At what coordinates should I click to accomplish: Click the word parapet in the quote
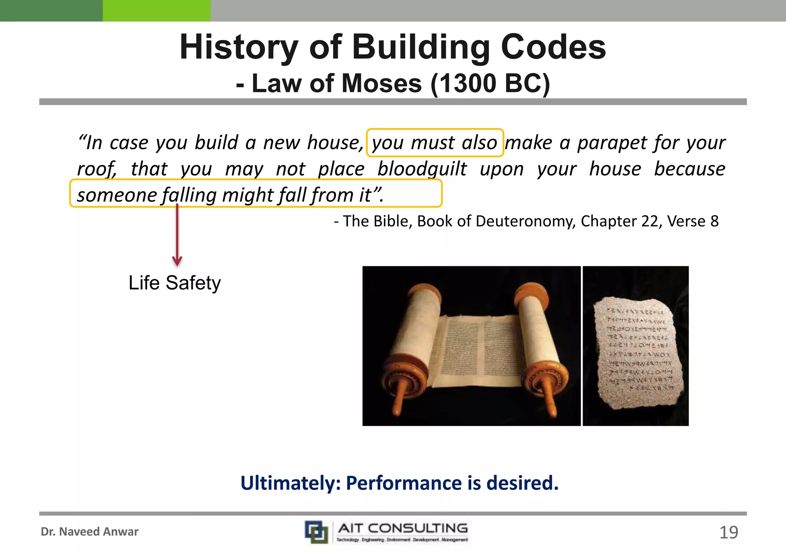(x=612, y=143)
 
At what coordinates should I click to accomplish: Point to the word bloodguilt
(x=422, y=169)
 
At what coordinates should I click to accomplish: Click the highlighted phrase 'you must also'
(x=434, y=143)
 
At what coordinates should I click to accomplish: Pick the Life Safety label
(x=175, y=283)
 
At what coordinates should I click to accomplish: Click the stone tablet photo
(x=636, y=346)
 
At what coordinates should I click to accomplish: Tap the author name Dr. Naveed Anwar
(x=89, y=531)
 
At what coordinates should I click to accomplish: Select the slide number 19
(x=728, y=533)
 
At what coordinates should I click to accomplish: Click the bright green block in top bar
(x=157, y=10)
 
